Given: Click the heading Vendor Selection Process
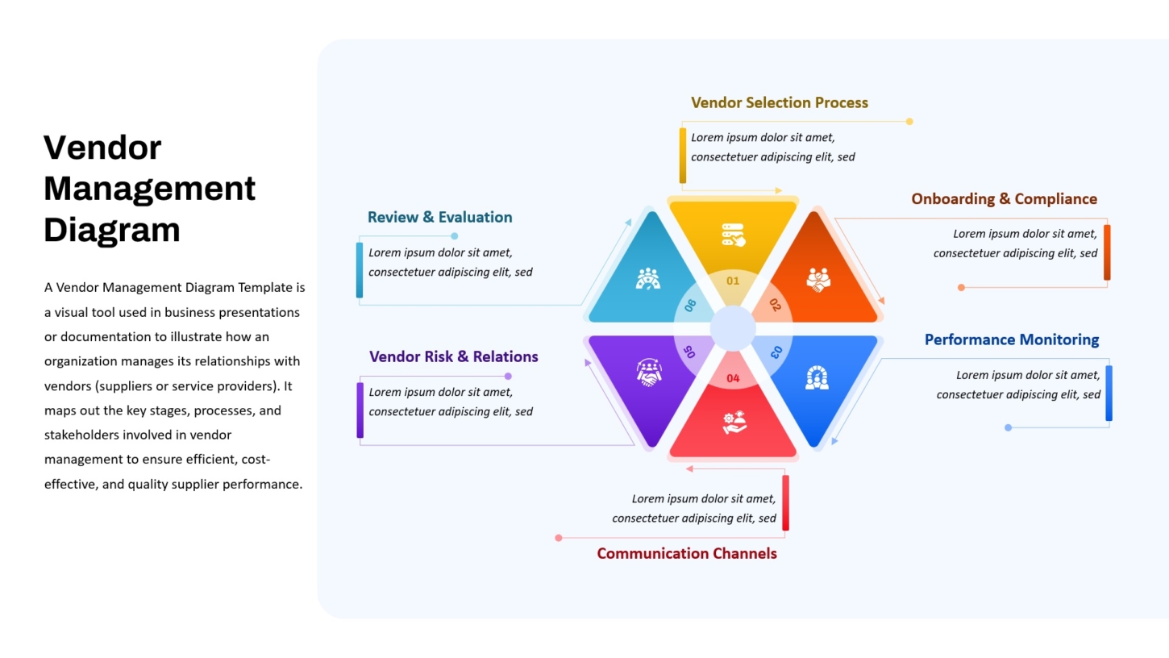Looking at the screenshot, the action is [x=779, y=102].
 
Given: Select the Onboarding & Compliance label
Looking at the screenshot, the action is [x=1004, y=199].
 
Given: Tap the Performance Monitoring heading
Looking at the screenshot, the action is [x=1012, y=339].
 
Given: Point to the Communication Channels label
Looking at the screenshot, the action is [x=687, y=553].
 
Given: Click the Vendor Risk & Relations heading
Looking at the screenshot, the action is [x=454, y=356].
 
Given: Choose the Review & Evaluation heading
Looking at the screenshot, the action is [x=440, y=217].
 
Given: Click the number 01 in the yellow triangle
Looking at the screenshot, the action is [x=733, y=281].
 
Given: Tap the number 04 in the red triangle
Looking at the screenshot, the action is [x=733, y=378].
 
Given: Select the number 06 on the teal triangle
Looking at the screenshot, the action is [x=690, y=306].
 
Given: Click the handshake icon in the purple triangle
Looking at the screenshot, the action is [x=649, y=373].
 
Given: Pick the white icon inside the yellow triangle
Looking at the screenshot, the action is [x=733, y=235].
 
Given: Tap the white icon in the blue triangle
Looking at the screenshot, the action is [x=817, y=378].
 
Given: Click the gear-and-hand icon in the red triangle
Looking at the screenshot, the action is [x=734, y=423].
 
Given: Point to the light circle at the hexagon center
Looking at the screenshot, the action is [x=733, y=329].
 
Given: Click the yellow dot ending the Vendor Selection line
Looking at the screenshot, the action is [x=909, y=122].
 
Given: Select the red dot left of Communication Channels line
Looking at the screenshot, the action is [x=559, y=538].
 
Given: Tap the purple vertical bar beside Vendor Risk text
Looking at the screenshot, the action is [x=360, y=410].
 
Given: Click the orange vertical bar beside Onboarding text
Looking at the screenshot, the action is [x=1107, y=252].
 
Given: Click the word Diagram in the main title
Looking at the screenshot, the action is [x=112, y=230].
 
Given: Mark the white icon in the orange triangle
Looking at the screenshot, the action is [x=817, y=280].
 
